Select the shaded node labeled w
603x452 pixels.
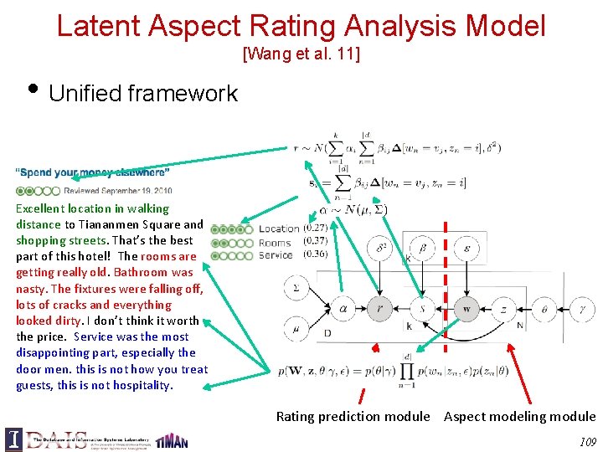pyautogui.click(x=466, y=308)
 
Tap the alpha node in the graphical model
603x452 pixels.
pyautogui.click(x=343, y=308)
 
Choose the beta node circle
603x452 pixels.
pyautogui.click(x=423, y=249)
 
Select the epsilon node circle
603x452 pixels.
pyautogui.click(x=466, y=249)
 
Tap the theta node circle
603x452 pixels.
pyautogui.click(x=544, y=308)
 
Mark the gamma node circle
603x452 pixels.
pyautogui.click(x=582, y=308)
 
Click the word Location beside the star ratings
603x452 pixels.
pyautogui.click(x=279, y=229)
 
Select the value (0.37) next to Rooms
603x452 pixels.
pyautogui.click(x=316, y=241)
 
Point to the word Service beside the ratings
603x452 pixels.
pyautogui.click(x=276, y=254)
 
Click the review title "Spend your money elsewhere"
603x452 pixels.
pyautogui.click(x=93, y=173)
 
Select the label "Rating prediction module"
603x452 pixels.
pyautogui.click(x=353, y=417)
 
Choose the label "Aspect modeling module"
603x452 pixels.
pyautogui.click(x=519, y=417)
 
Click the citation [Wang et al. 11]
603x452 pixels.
pyautogui.click(x=301, y=55)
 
